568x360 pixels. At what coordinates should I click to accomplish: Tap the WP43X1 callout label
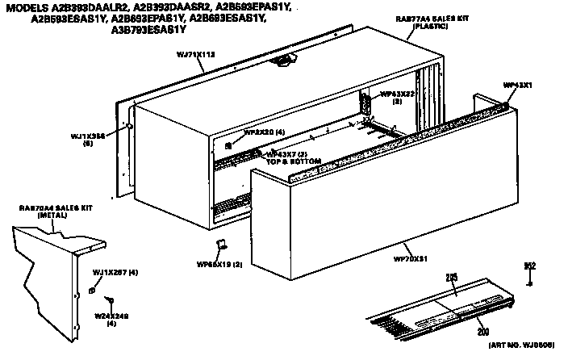(516, 84)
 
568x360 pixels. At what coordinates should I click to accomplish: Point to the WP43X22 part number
(398, 94)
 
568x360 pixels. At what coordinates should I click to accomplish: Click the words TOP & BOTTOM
(294, 161)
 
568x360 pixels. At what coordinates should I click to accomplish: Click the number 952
(530, 265)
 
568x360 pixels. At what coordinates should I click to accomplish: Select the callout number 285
(452, 277)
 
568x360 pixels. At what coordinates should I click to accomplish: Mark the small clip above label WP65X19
(219, 245)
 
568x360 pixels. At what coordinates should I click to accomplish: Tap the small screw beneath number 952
(530, 283)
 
